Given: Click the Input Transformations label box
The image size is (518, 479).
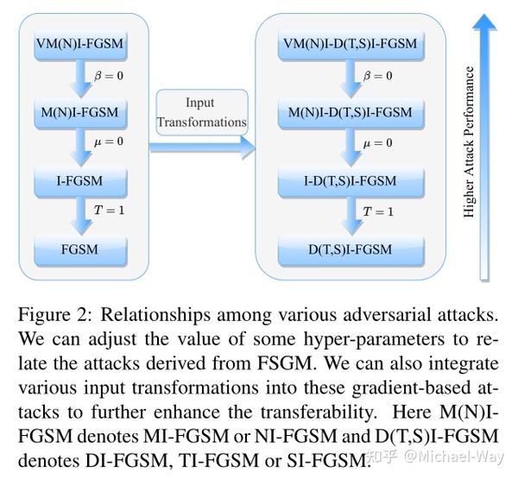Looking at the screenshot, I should pos(201,112).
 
